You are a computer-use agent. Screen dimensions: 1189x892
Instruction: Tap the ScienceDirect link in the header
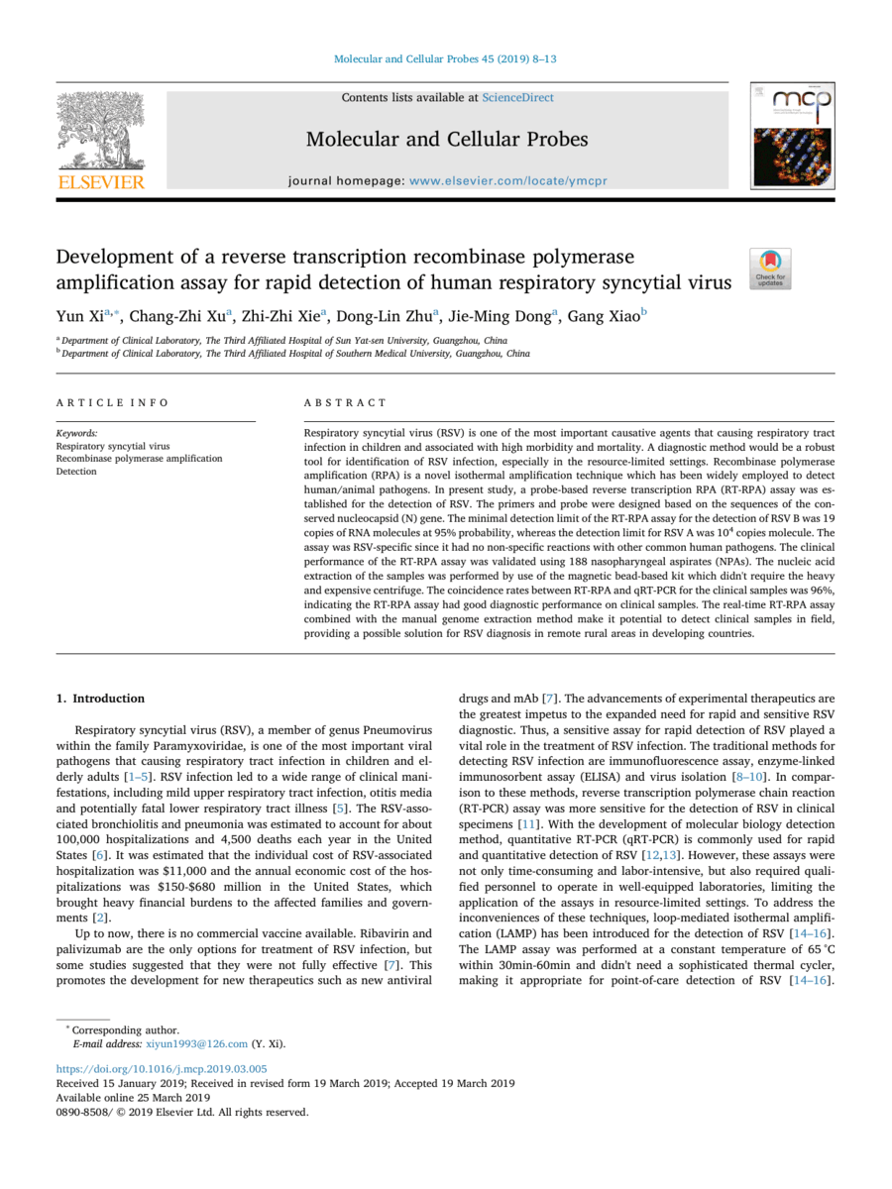(517, 97)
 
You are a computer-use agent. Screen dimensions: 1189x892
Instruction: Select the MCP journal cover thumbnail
(791, 137)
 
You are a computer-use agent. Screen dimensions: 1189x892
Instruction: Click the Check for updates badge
(771, 268)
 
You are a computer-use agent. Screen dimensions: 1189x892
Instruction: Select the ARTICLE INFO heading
(112, 402)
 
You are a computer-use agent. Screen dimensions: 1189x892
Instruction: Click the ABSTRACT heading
(346, 402)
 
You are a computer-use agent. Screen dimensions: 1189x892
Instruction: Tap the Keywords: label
(76, 434)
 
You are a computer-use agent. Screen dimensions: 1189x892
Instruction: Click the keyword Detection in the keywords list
(76, 472)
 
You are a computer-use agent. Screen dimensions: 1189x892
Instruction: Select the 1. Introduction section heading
(100, 698)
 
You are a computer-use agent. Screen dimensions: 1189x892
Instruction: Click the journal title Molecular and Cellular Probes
(447, 140)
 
